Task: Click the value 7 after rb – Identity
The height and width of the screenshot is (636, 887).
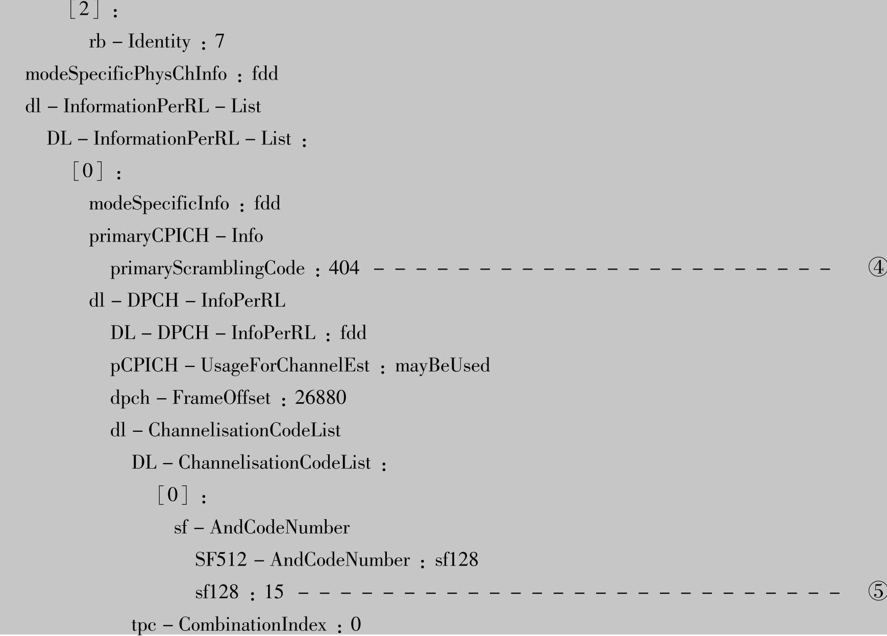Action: pyautogui.click(x=219, y=41)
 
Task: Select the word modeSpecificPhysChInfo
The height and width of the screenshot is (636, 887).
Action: pyautogui.click(x=126, y=75)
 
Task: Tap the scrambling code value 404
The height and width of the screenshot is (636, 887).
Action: pyautogui.click(x=344, y=268)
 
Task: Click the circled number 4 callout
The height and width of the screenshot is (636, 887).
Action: pyautogui.click(x=877, y=267)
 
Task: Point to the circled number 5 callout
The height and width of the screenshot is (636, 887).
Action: pyautogui.click(x=877, y=591)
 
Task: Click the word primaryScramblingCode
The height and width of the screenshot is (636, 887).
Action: pyautogui.click(x=207, y=268)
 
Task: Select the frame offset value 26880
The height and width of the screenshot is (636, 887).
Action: pyautogui.click(x=321, y=398)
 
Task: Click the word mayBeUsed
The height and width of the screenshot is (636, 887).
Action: pyautogui.click(x=442, y=365)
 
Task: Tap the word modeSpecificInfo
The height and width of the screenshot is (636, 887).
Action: pyautogui.click(x=159, y=204)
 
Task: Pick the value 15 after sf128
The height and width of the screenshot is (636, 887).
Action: pyautogui.click(x=274, y=592)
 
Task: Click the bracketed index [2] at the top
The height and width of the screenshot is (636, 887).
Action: pyautogui.click(x=85, y=9)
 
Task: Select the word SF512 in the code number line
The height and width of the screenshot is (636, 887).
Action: pyautogui.click(x=220, y=560)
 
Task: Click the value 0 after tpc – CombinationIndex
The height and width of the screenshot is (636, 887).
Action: pyautogui.click(x=356, y=624)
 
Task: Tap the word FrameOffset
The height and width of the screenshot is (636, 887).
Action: pyautogui.click(x=221, y=398)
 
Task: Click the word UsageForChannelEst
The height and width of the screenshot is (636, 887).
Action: pyautogui.click(x=285, y=365)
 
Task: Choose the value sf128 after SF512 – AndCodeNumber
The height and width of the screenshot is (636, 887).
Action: pyautogui.click(x=456, y=560)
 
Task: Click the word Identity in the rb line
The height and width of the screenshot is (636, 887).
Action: pyautogui.click(x=159, y=41)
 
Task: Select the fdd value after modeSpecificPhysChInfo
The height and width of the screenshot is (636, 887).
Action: pyautogui.click(x=265, y=75)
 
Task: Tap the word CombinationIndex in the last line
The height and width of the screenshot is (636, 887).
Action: pyautogui.click(x=252, y=625)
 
